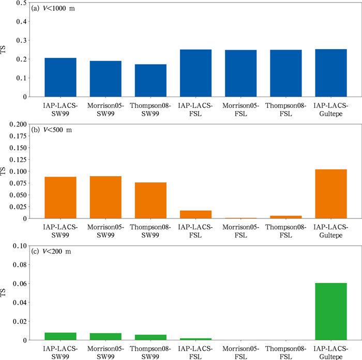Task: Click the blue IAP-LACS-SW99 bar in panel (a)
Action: [61, 77]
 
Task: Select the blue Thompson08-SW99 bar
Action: [151, 81]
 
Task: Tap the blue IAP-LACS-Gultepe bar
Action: [331, 73]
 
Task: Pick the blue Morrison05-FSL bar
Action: [241, 73]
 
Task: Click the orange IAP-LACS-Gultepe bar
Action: [331, 194]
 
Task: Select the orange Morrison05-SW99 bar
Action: [105, 197]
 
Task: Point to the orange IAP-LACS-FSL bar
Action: [196, 214]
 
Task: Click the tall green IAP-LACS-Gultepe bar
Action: [331, 311]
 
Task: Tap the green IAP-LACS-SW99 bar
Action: [61, 336]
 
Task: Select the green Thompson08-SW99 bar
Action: [151, 337]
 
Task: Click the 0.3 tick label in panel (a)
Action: [22, 40]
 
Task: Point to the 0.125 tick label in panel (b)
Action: [18, 160]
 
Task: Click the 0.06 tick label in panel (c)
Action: [20, 284]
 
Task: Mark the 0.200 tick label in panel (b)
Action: [18, 124]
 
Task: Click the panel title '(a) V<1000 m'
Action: [53, 9]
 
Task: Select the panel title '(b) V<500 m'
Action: [52, 130]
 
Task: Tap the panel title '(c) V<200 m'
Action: [51, 252]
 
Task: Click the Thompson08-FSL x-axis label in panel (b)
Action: [286, 231]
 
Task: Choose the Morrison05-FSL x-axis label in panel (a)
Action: [241, 109]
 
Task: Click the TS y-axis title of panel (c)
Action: [3, 293]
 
